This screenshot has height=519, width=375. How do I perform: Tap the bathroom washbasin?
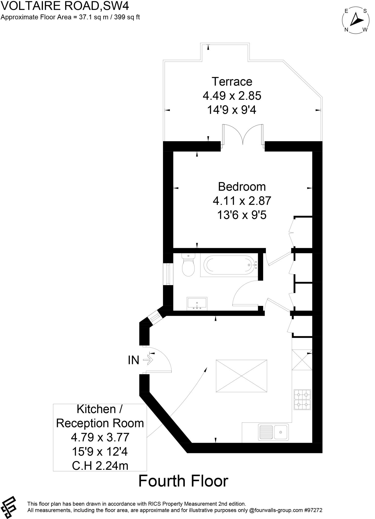[197, 304]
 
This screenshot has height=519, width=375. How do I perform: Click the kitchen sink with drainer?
[273, 432]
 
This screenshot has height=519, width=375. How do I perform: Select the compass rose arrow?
[356, 20]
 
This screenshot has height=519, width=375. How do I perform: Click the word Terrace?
[232, 82]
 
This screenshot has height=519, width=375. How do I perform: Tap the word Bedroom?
[242, 187]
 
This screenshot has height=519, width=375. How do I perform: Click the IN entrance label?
[133, 360]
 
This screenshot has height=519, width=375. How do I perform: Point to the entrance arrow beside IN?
[148, 360]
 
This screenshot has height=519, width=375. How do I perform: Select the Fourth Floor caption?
[183, 481]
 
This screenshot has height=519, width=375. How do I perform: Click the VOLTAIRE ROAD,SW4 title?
[65, 6]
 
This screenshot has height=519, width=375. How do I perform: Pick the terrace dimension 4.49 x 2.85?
[232, 96]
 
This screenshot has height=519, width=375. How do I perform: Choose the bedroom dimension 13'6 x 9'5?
[242, 215]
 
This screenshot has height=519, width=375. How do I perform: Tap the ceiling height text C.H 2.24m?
[100, 466]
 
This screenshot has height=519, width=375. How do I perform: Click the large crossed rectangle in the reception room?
[241, 376]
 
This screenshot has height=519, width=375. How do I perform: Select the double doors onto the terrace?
[243, 136]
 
